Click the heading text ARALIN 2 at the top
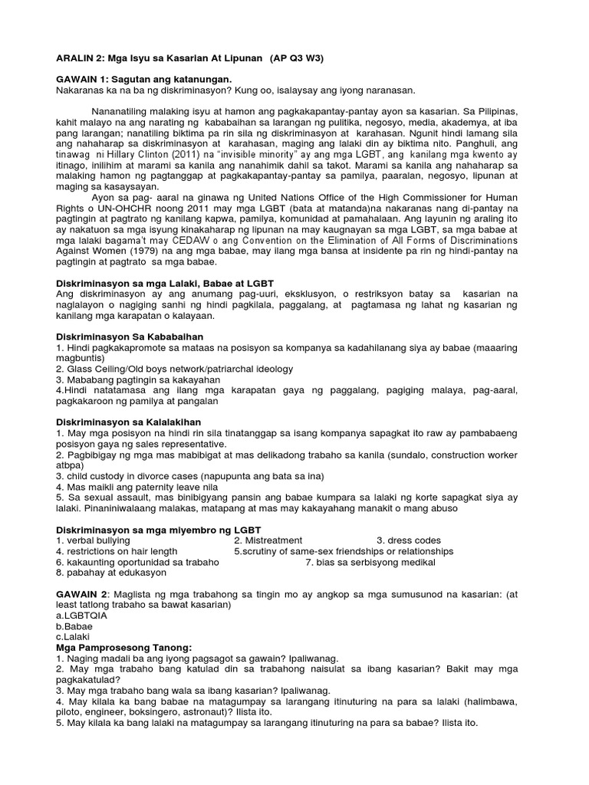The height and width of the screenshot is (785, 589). point(81,58)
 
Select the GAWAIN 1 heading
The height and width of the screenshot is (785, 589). point(84,80)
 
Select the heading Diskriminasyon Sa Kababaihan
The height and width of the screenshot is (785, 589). point(130,336)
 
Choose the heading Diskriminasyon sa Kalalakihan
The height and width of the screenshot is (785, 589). point(129,422)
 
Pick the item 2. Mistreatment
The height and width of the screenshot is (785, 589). point(268,540)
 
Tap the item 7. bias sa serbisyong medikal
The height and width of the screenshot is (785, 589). point(370,562)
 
